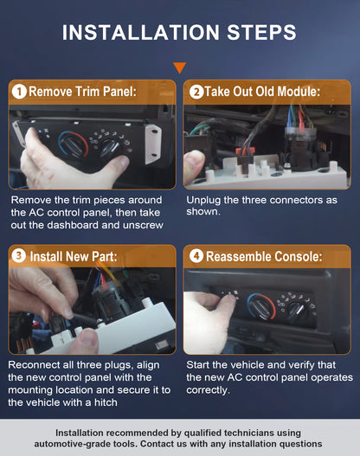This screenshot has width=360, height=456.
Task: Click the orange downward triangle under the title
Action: tap(179, 67)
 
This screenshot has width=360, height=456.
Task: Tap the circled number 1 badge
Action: tap(19, 92)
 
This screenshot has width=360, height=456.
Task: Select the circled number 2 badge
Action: tap(196, 92)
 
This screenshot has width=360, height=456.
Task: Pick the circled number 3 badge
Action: tap(19, 256)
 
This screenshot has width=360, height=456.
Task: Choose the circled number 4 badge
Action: tap(196, 256)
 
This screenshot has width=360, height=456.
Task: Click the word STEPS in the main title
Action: tap(261, 32)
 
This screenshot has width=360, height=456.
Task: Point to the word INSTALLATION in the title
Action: tap(141, 32)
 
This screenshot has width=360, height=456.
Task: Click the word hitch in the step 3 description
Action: tap(106, 402)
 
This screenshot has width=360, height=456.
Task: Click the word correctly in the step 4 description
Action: tap(208, 390)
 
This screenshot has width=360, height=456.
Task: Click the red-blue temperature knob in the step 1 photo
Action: tap(73, 145)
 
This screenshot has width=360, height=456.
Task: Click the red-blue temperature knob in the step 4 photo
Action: tap(261, 307)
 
